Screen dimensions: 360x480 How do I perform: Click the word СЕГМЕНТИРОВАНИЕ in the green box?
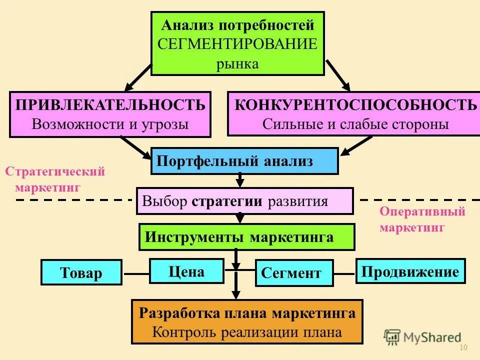(x=237, y=44)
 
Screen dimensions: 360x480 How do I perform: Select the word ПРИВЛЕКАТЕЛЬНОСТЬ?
(x=110, y=105)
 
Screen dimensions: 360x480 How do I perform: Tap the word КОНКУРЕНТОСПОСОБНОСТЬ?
(x=355, y=105)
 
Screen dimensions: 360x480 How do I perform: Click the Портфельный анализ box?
(x=244, y=161)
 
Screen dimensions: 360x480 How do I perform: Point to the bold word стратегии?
(x=226, y=201)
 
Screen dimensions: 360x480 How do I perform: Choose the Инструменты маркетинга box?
(x=246, y=237)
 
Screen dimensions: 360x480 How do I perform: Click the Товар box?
(x=81, y=272)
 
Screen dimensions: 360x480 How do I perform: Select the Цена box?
(x=186, y=271)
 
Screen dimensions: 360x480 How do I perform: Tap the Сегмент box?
(x=294, y=273)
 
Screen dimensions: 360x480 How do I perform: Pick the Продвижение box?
(x=410, y=271)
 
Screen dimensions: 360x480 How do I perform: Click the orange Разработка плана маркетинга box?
(x=247, y=322)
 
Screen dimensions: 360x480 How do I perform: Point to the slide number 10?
(x=462, y=348)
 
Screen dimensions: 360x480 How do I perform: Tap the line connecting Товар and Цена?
(x=136, y=274)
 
